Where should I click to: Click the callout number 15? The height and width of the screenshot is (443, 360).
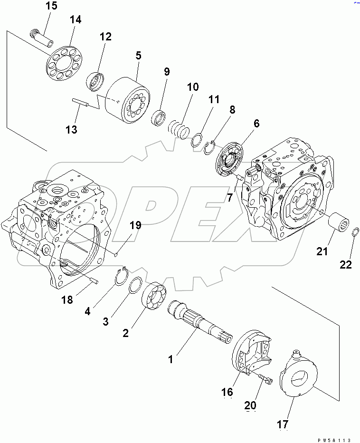click(x=51, y=6)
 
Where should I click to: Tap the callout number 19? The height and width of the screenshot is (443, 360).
click(x=135, y=225)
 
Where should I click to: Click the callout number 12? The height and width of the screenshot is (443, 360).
click(x=105, y=37)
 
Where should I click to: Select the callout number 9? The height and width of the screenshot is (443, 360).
click(x=166, y=72)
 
